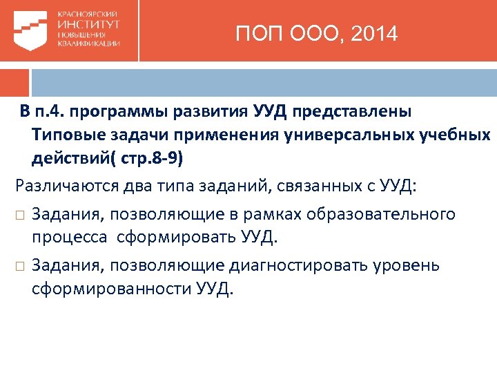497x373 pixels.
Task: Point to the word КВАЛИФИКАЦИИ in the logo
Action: (x=89, y=44)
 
